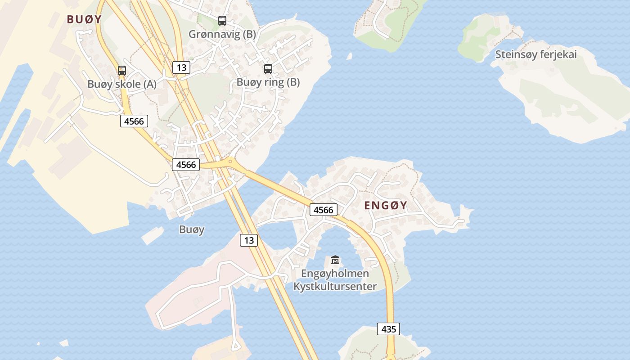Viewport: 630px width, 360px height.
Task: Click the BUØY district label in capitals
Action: pos(84,19)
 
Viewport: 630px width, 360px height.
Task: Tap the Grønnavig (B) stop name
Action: pos(222,34)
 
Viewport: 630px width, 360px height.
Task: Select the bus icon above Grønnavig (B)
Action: pos(222,20)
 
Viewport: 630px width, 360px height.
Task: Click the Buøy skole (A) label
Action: pos(122,84)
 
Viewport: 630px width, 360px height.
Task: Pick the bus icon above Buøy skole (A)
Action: pos(122,71)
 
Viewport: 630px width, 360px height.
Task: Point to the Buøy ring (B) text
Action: pos(268,82)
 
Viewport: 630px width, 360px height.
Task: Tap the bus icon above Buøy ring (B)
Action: pos(268,69)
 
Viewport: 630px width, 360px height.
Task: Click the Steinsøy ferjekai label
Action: pos(536,54)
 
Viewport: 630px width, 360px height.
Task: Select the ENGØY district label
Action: pos(386,206)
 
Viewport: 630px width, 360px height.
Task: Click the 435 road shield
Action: pos(388,329)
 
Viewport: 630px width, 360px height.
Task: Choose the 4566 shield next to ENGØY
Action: pos(324,210)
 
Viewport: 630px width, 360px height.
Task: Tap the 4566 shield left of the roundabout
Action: pos(186,165)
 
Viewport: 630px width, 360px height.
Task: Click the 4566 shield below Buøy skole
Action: pos(134,121)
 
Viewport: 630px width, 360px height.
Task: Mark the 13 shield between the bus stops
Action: pos(181,68)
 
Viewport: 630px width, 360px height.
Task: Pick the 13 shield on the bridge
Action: pos(248,240)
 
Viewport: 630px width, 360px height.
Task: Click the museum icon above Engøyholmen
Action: pos(335,260)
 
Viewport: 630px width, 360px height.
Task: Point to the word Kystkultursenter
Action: pos(335,286)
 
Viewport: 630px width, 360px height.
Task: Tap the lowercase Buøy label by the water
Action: pos(192,229)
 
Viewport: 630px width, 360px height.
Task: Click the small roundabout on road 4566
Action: pos(230,161)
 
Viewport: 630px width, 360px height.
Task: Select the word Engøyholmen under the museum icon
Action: pos(335,274)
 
